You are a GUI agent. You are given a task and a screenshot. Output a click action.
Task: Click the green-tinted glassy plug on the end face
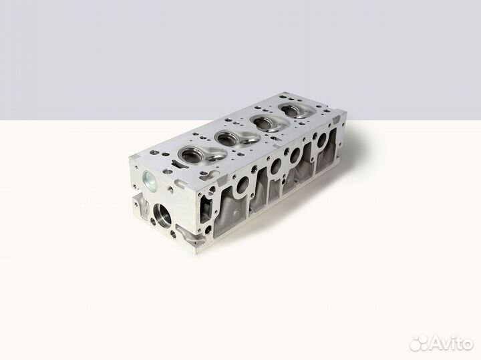150,180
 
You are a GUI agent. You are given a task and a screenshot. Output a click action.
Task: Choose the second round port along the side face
275,166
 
